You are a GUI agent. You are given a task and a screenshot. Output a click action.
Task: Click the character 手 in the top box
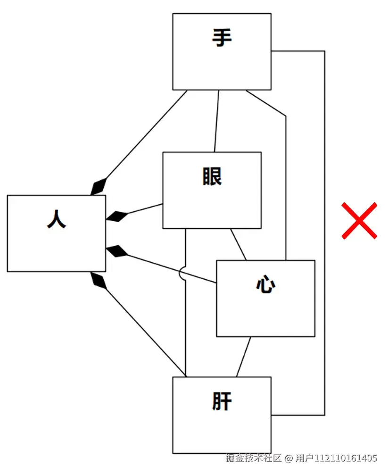click(222, 38)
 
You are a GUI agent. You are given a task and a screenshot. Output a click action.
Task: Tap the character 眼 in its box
click(212, 176)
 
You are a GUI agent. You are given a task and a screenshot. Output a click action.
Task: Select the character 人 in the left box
click(57, 219)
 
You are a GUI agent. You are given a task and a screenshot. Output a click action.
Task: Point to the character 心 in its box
click(265, 284)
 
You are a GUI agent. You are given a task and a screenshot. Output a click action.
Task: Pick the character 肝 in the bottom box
click(222, 401)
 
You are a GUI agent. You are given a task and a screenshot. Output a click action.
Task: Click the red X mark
click(359, 220)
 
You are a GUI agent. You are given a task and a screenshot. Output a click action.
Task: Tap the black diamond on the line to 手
click(99, 187)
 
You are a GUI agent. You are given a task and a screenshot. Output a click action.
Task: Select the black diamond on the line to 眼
click(117, 217)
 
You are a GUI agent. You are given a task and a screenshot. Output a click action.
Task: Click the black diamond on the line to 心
click(117, 251)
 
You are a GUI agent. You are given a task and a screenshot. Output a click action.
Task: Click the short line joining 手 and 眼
click(216, 121)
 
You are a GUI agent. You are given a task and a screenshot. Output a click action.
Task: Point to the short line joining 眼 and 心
click(238, 244)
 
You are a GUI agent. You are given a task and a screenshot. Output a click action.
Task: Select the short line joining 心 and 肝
click(243, 357)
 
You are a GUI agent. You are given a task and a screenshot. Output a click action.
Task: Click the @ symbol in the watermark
click(289, 458)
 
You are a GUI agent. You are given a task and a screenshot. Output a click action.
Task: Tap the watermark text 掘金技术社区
click(253, 458)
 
